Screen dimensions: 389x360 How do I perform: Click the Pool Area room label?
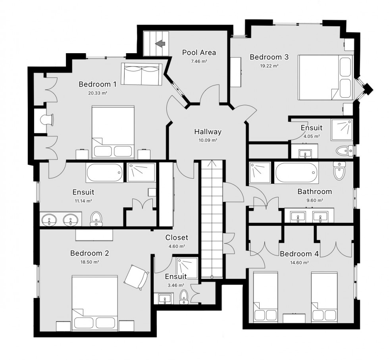coord(199,53)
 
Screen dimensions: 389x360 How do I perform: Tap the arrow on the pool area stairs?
coord(160,44)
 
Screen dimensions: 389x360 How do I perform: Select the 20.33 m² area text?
coord(98,93)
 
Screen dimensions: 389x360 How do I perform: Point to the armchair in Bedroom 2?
coord(136,277)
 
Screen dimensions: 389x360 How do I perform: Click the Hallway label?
coord(208,131)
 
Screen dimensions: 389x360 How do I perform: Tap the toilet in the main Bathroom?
coord(339,171)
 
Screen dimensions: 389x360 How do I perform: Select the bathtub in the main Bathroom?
coord(296,173)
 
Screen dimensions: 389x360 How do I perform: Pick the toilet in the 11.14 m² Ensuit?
coord(96,219)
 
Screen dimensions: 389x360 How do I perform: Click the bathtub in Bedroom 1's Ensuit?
coord(105,173)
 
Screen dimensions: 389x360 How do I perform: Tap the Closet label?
coord(177,238)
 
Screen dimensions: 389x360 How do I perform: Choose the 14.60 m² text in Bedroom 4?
coord(299,263)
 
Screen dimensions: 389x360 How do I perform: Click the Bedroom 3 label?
coord(269,57)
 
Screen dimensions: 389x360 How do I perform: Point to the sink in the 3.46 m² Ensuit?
coord(164,299)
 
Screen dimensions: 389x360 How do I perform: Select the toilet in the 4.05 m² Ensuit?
coord(345,150)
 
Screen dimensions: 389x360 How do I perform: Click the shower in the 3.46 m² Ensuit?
coord(187,268)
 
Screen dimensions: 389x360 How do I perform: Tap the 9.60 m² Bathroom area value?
coord(315,200)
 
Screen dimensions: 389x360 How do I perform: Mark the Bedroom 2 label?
coord(90,253)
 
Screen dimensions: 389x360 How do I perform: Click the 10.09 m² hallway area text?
coord(208,140)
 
